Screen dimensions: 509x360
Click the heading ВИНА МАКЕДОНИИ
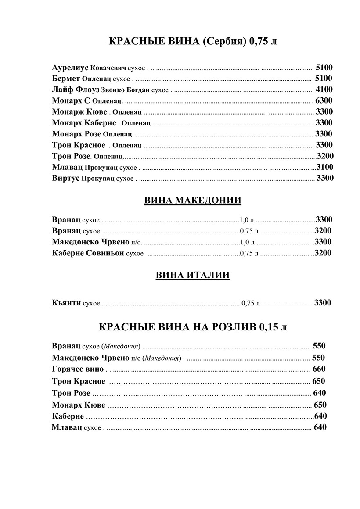point(193,201)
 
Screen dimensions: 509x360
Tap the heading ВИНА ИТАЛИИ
point(193,275)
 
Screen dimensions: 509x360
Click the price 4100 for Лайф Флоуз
point(324,90)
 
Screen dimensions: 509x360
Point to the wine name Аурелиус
point(70,68)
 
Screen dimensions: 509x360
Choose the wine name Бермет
point(66,79)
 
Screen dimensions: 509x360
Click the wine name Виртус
point(65,178)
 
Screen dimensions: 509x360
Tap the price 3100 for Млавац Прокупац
point(325,167)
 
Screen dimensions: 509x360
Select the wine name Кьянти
point(66,303)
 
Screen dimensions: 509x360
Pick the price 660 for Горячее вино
point(319,369)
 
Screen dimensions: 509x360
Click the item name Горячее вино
point(78,369)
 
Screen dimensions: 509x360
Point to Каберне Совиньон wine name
point(88,253)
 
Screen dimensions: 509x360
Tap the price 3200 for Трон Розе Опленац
point(325,156)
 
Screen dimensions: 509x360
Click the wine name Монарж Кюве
point(79,112)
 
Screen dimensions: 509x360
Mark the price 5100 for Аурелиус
point(324,68)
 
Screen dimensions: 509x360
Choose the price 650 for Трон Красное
point(318,381)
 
